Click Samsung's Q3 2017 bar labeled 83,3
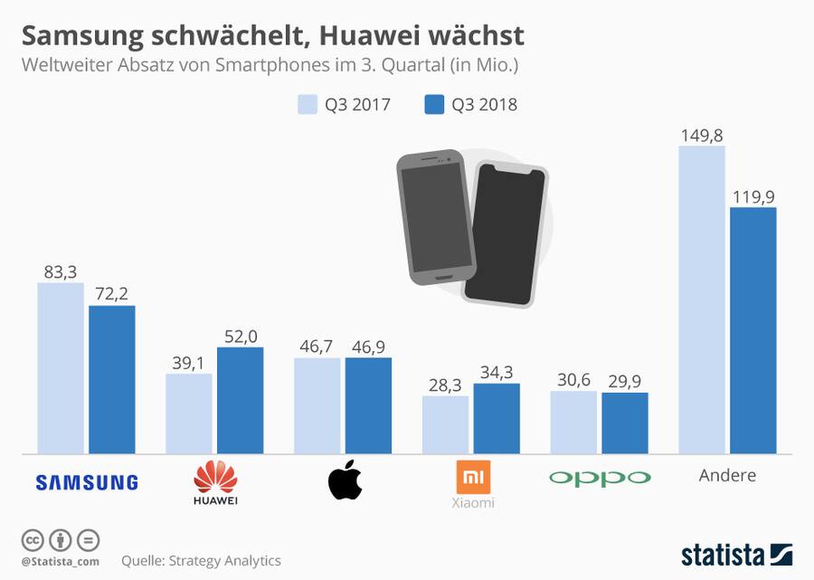tap(61, 367)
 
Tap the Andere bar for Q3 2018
tap(753, 330)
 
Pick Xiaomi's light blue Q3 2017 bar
tap(445, 424)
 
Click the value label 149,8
tap(701, 135)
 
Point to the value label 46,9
tap(368, 347)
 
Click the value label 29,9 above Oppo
tap(625, 381)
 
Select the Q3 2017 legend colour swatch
tap(308, 104)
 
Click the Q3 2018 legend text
tap(484, 105)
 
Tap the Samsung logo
tap(87, 482)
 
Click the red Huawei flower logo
tap(215, 476)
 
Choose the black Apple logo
tap(345, 480)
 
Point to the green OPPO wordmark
tap(600, 478)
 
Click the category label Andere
tap(727, 475)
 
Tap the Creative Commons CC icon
tap(33, 540)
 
